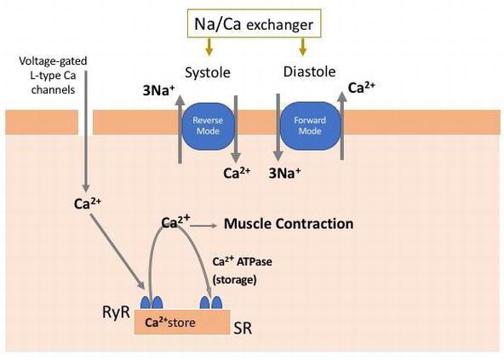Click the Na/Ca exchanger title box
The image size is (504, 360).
[255, 24]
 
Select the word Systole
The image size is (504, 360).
[208, 72]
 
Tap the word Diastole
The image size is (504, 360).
[309, 71]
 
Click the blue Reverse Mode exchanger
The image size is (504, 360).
[208, 126]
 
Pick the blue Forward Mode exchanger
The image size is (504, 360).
[310, 126]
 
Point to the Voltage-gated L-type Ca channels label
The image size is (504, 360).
[53, 75]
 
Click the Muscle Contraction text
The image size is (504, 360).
[289, 224]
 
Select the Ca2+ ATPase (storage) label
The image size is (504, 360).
[243, 271]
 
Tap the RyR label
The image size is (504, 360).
[116, 311]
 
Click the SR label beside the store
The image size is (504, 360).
[243, 328]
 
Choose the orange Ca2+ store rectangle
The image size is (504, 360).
[182, 322]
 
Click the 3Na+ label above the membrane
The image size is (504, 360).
[159, 91]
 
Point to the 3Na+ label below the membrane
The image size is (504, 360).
[285, 174]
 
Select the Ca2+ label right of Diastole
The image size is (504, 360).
[362, 87]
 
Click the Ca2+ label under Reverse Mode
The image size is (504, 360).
[237, 173]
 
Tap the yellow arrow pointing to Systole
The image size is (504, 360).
[209, 47]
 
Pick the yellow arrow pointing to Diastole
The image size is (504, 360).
[302, 47]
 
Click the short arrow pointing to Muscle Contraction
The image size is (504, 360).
[203, 226]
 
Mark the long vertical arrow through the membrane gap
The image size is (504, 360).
[86, 131]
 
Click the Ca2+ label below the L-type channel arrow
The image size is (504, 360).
[88, 203]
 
